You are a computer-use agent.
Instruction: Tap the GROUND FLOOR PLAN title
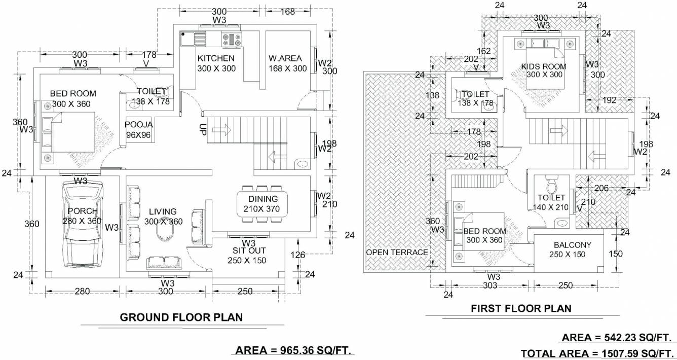(x=181, y=317)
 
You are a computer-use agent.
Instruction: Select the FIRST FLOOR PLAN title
(x=521, y=308)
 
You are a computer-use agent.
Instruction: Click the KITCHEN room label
(x=216, y=58)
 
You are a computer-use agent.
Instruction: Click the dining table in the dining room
(x=262, y=204)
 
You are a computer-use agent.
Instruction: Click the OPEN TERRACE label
(x=397, y=252)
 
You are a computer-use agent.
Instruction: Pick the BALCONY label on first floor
(x=572, y=244)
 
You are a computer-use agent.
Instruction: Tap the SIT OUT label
(x=249, y=250)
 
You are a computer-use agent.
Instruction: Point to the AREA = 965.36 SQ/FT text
(x=294, y=350)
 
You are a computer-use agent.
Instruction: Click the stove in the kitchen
(x=232, y=39)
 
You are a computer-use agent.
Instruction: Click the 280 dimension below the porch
(x=82, y=291)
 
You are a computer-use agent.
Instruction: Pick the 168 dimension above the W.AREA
(x=287, y=11)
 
